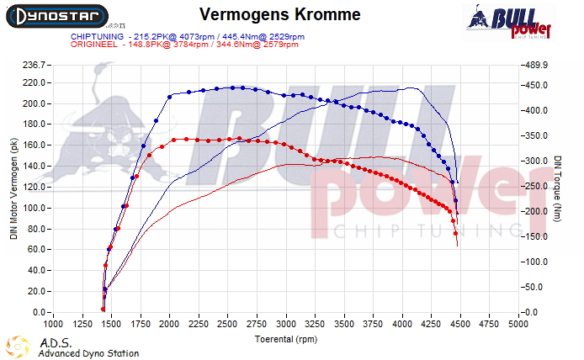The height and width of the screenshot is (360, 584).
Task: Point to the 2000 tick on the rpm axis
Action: click(170, 323)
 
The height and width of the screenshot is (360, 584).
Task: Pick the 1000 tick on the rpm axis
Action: click(53, 323)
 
